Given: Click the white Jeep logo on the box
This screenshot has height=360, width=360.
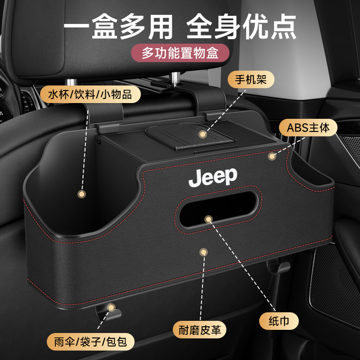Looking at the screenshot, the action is tap(212, 177).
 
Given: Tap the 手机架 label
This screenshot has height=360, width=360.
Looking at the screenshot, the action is tap(248, 81).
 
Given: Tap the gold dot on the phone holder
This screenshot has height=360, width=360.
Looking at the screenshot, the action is tap(203, 134).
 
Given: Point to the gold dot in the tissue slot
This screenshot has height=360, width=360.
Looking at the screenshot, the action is tap(208, 219).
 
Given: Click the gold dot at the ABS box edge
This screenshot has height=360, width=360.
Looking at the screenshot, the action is tap(271, 156).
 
